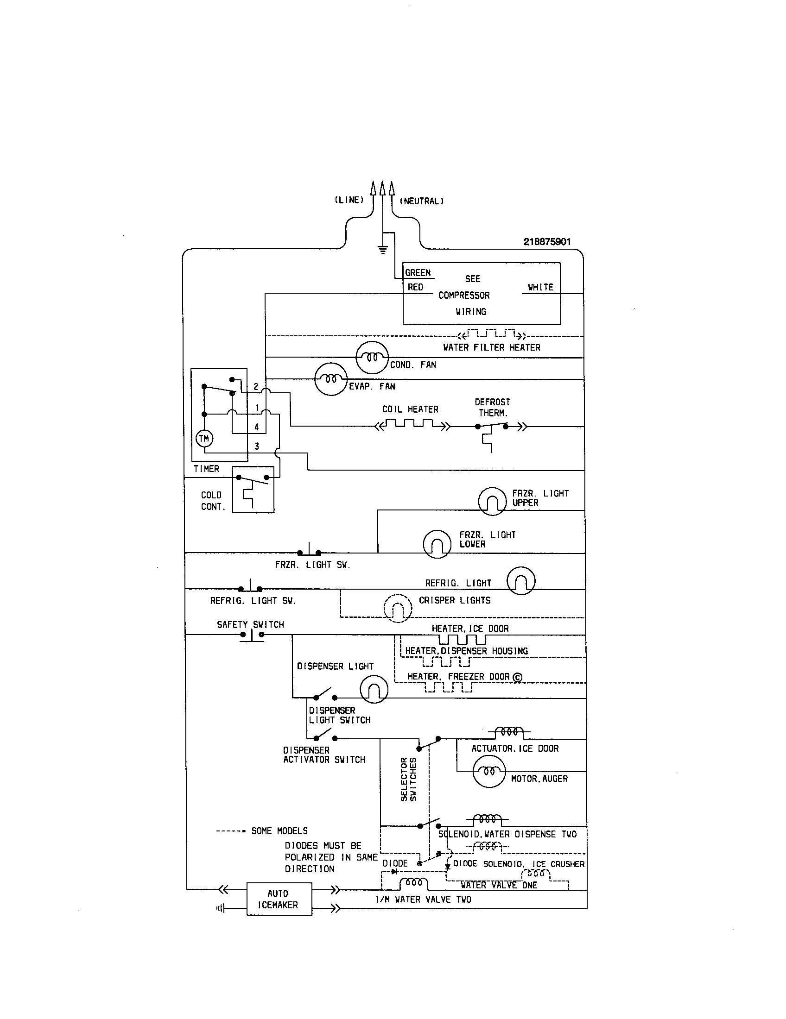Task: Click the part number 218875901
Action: [546, 242]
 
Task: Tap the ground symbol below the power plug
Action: [383, 250]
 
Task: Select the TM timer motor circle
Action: [204, 438]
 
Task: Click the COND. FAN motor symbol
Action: [372, 358]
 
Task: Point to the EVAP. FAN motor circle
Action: [331, 379]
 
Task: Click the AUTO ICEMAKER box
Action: [279, 899]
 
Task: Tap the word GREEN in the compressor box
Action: [418, 273]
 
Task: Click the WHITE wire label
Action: [540, 288]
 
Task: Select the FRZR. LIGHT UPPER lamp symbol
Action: [492, 501]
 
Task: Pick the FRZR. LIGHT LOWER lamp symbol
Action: [437, 544]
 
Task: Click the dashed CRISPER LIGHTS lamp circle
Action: [398, 608]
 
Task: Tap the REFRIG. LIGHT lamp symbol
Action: [521, 580]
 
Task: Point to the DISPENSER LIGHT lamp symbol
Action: [374, 689]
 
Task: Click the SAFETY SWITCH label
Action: [250, 624]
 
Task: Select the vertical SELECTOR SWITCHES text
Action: [408, 779]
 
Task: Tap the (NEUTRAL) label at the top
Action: [421, 201]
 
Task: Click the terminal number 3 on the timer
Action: [257, 446]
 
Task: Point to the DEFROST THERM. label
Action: [493, 407]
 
